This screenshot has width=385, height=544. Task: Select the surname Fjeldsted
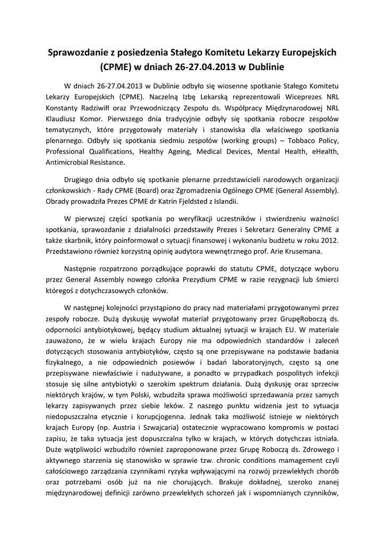tap(201, 201)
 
